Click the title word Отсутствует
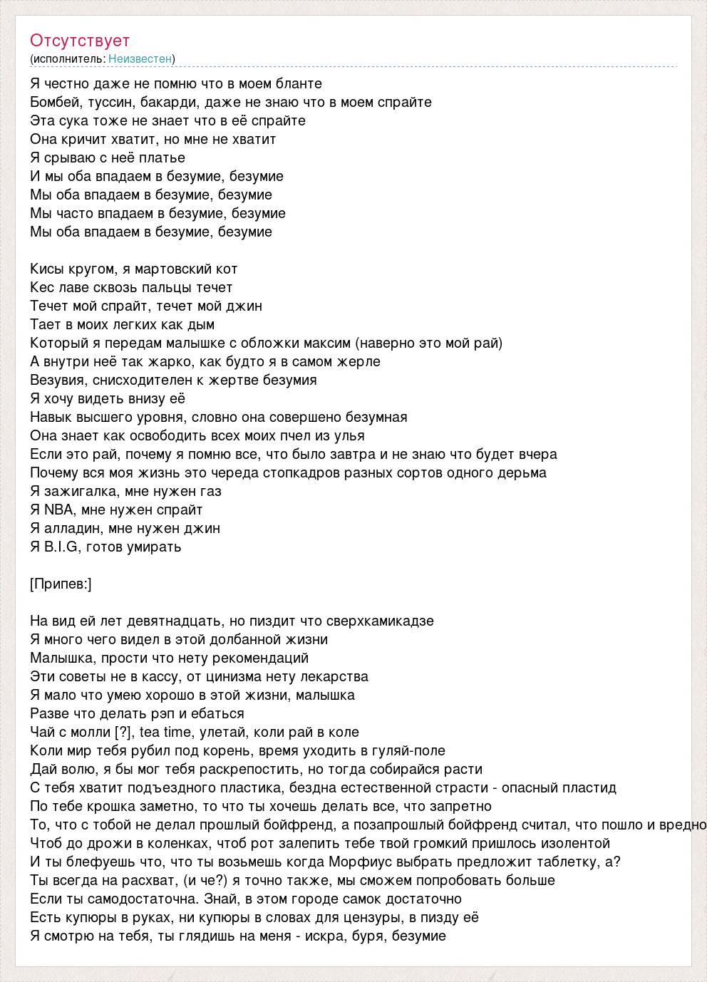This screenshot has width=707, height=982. point(80,41)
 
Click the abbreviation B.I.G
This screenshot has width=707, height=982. point(61,547)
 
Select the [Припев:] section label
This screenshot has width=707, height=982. point(61,584)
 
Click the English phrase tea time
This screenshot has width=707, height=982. point(160,732)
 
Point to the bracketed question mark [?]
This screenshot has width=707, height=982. point(123,732)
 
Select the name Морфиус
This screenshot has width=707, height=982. point(358,862)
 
